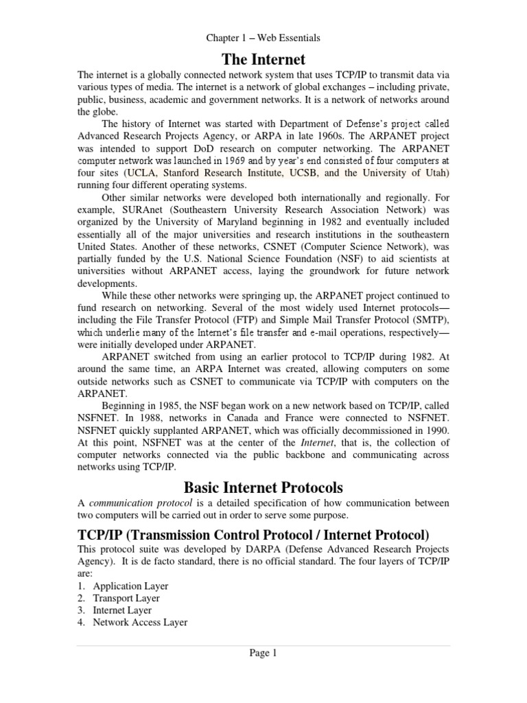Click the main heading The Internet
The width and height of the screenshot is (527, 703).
pos(263,60)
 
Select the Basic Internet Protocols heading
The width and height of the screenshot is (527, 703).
pos(263,488)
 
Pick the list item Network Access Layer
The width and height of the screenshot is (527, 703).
pos(140,623)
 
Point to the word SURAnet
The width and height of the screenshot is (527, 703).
pos(142,210)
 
